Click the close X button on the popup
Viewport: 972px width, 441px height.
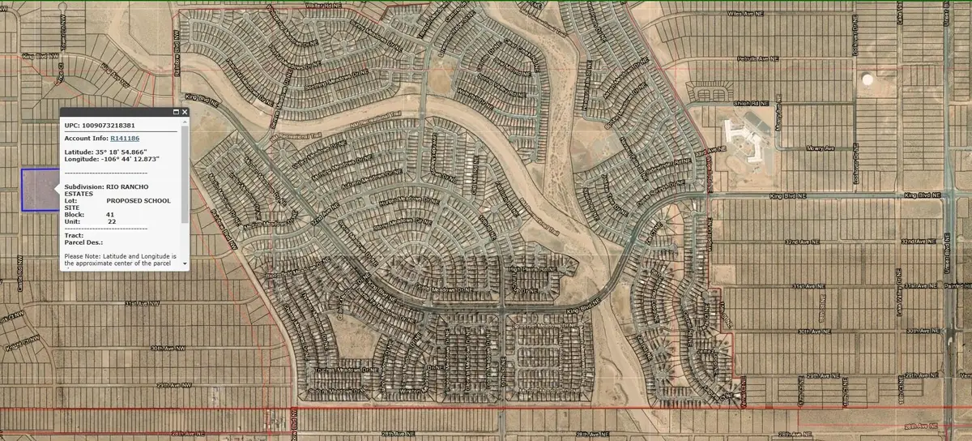(185, 112)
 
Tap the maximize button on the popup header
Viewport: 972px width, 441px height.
(175, 112)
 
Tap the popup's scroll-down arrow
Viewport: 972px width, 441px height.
(185, 263)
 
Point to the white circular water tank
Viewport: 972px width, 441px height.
(868, 80)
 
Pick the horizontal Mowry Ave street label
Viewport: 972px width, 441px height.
(820, 148)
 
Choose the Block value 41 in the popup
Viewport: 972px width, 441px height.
(110, 214)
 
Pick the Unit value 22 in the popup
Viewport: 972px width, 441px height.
(112, 221)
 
